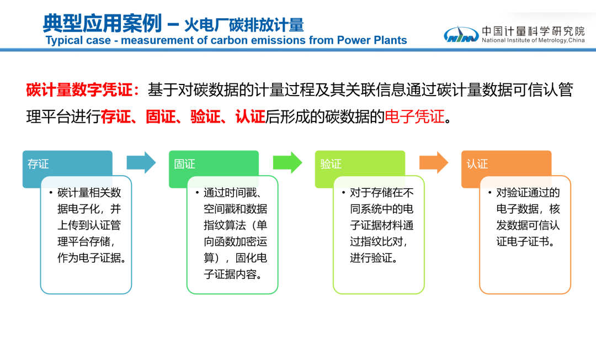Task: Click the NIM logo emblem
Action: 461,34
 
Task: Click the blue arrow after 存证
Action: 142,162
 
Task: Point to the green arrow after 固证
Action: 288,162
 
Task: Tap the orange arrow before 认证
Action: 434,162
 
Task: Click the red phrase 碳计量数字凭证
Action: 79,91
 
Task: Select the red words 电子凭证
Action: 414,117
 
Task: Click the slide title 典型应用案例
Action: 102,24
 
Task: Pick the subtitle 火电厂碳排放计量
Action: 244,25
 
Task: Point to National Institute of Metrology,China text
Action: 533,41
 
